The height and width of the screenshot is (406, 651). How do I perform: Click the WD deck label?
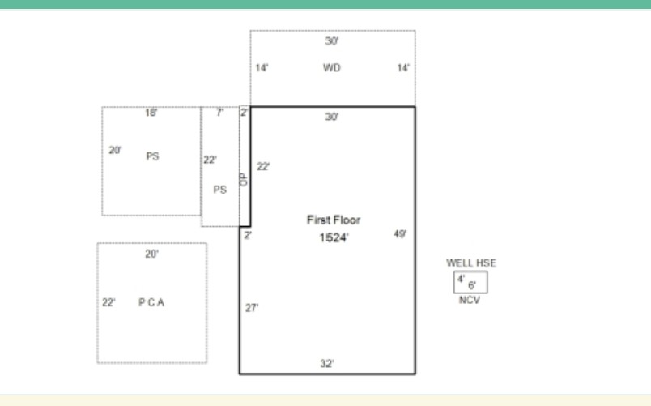point(332,68)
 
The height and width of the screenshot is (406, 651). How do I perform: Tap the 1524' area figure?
point(334,237)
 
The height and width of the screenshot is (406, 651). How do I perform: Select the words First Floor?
point(334,220)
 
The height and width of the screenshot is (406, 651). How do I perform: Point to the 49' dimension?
point(400,234)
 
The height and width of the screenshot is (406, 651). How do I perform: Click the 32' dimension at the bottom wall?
point(327,364)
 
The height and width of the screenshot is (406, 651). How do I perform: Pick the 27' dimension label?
point(252,308)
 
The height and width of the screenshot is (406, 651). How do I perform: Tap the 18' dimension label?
point(151,113)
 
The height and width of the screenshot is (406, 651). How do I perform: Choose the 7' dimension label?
point(220,112)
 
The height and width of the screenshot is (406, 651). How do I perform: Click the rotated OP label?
point(243,180)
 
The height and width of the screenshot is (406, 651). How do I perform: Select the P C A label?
point(151,302)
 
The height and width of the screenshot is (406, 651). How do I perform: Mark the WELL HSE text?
point(471,263)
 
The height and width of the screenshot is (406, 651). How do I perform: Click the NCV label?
point(470,300)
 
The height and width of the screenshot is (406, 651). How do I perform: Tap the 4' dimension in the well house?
point(461,279)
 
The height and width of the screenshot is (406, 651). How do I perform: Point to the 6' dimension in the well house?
point(472,285)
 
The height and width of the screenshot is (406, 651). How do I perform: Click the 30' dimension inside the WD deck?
point(332,41)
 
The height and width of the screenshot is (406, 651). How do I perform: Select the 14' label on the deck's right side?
point(403,68)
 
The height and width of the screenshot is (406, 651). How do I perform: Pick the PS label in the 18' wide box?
point(152,156)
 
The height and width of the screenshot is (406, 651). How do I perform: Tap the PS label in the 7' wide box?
point(220,190)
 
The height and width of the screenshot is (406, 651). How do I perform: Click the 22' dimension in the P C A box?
point(108,302)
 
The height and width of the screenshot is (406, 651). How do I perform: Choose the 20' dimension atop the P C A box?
point(151,254)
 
